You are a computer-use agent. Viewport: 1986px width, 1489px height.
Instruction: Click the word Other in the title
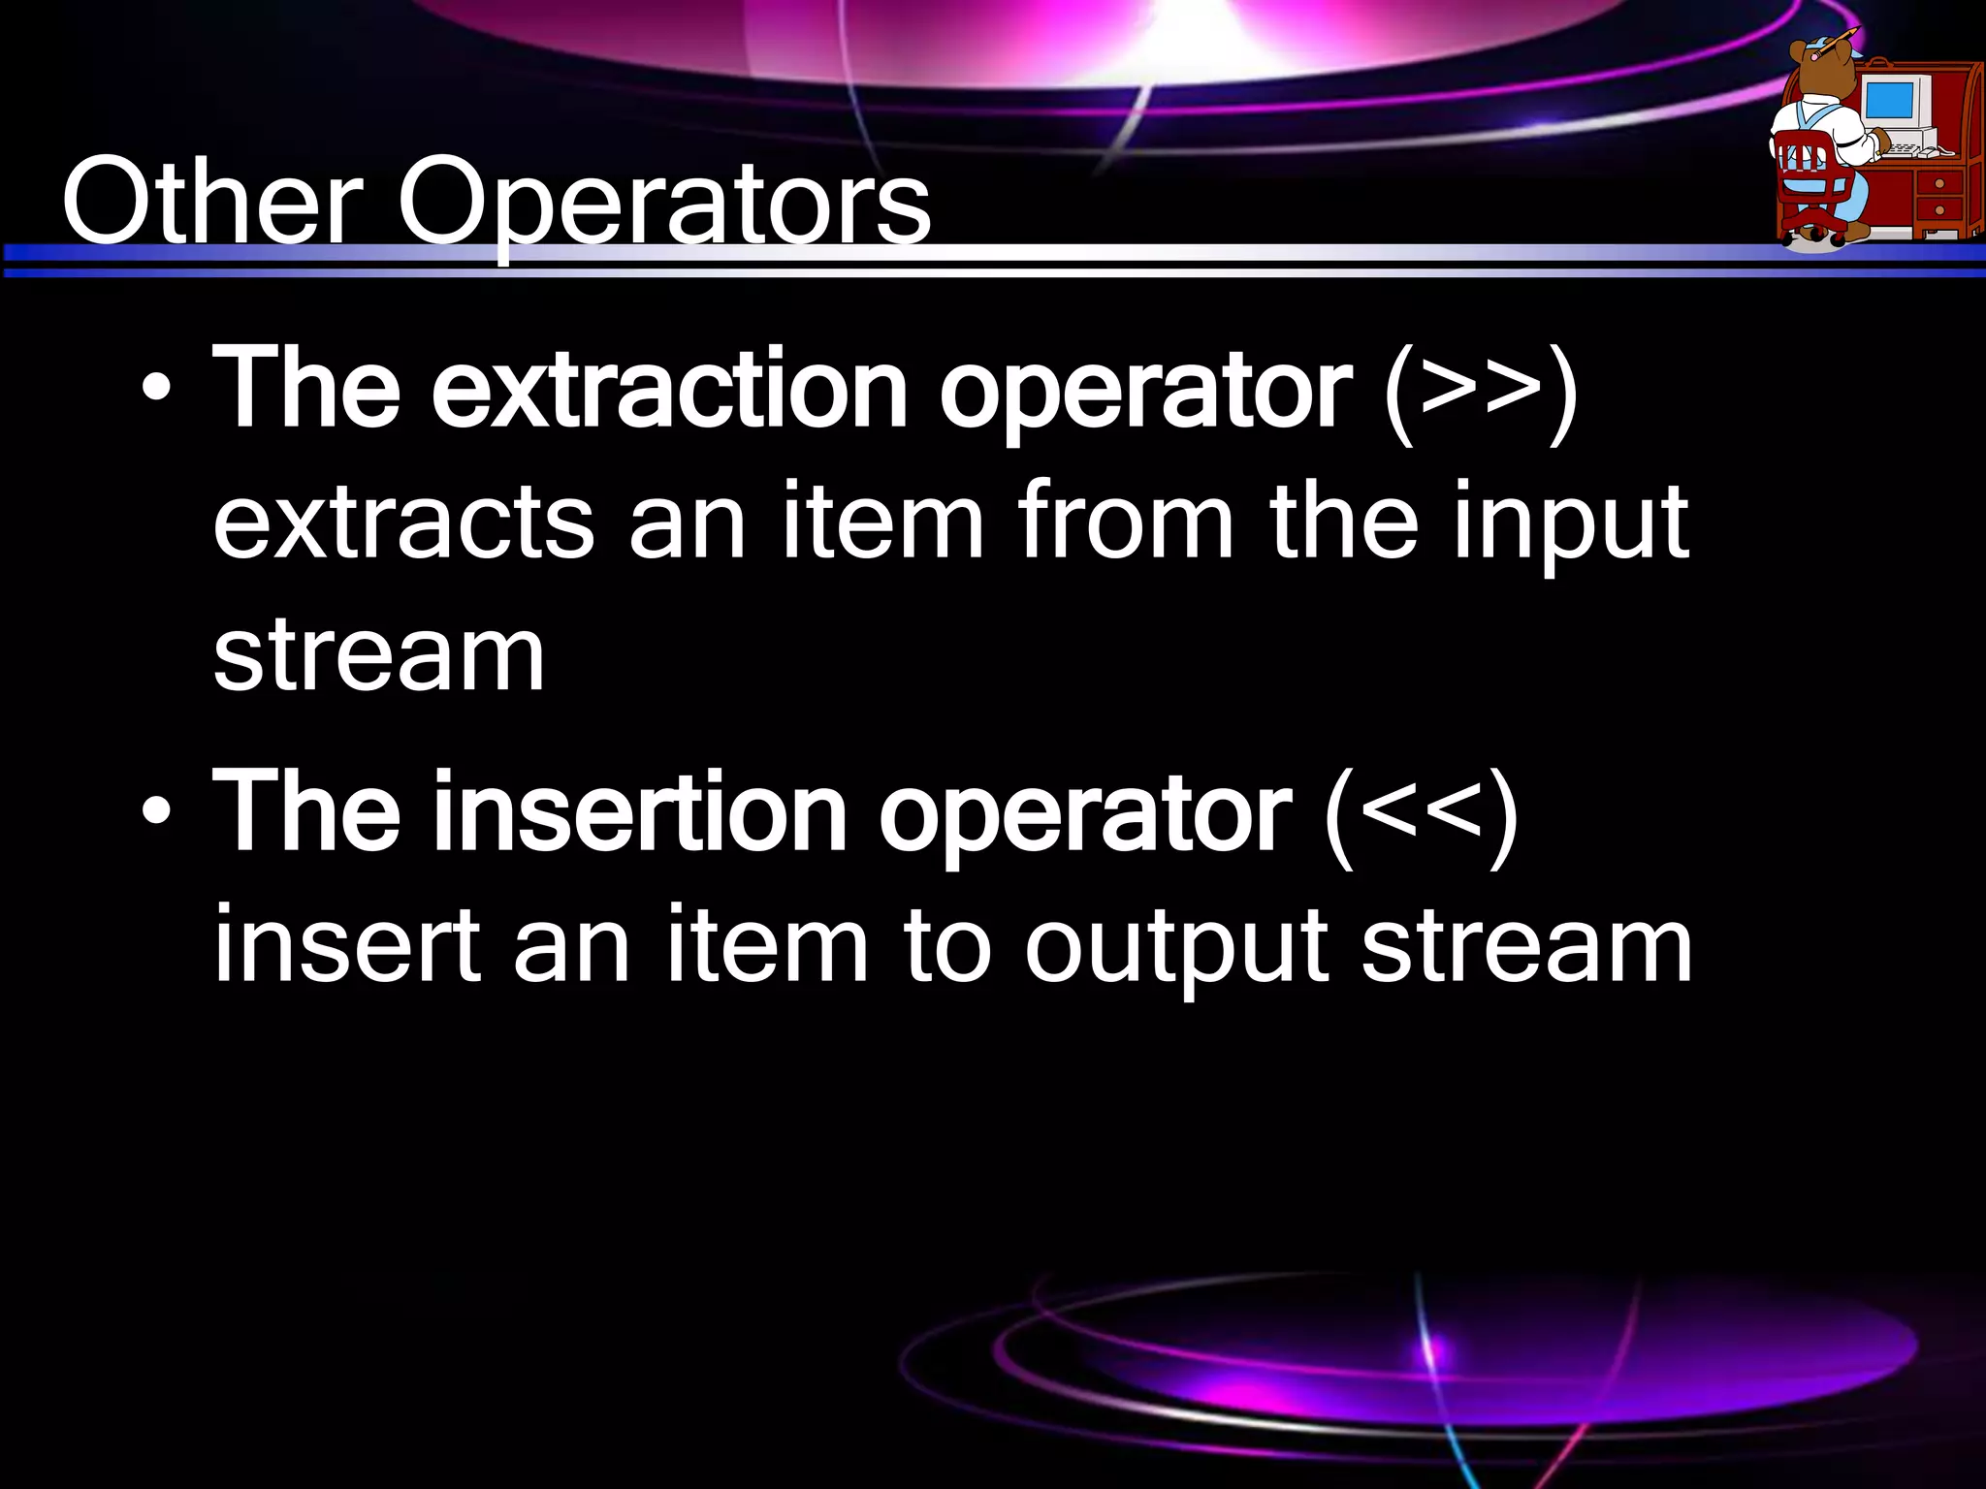click(x=211, y=204)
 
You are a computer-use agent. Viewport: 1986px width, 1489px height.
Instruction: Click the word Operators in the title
click(x=663, y=204)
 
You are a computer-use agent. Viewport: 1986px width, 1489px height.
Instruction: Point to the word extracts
click(x=403, y=523)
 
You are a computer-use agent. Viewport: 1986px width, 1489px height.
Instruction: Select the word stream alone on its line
click(x=378, y=656)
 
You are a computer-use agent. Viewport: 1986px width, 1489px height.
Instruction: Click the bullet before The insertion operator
click(x=156, y=813)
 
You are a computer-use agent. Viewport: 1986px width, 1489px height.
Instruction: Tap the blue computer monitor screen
click(x=1890, y=100)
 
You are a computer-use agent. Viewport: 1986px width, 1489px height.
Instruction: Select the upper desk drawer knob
click(x=1939, y=183)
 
